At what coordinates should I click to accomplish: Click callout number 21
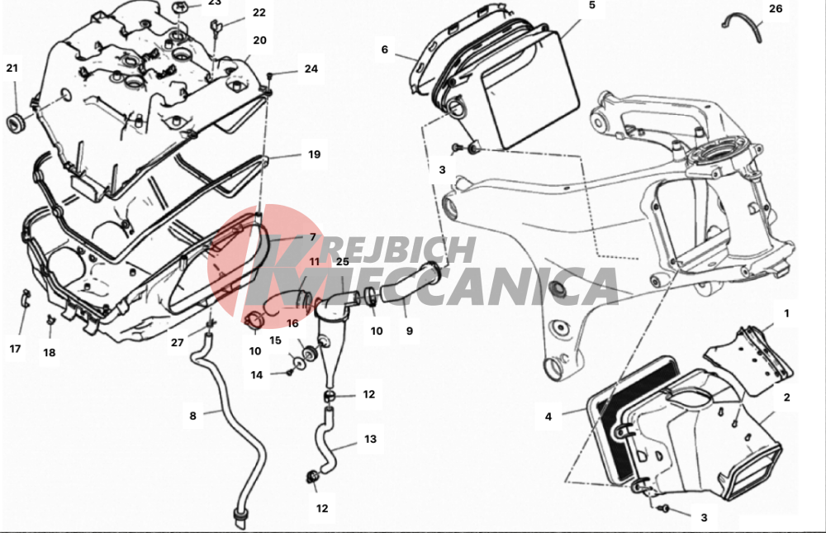point(12,68)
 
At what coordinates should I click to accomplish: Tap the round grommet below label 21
point(15,122)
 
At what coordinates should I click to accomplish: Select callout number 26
point(776,8)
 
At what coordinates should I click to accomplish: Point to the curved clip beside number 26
point(743,26)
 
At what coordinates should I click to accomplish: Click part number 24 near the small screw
point(311,69)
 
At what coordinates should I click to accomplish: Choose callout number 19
point(314,155)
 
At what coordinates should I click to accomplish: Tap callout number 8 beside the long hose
point(192,416)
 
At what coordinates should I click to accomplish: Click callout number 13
point(370,439)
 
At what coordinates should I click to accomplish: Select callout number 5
point(592,5)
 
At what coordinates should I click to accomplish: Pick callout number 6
point(385,50)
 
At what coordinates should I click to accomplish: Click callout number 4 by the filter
point(548,416)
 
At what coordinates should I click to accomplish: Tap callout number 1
point(787,313)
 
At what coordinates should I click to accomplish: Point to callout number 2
point(787,397)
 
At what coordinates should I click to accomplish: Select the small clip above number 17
point(26,299)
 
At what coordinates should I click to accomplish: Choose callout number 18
point(50,353)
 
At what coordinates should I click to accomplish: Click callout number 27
point(177,343)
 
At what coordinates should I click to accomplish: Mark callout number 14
point(257,375)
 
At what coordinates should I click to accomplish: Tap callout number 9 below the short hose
point(410,331)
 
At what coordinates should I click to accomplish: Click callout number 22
point(259,12)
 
